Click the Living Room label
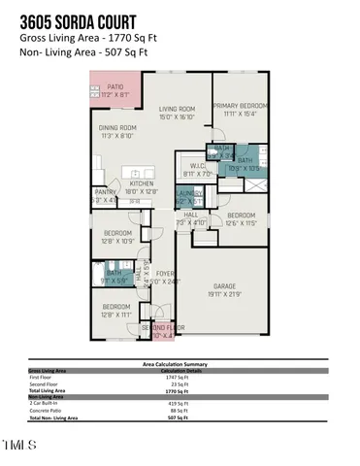[x=178, y=109]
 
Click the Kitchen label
[x=143, y=187]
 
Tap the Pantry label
[x=106, y=195]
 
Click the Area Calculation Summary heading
[x=180, y=365]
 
